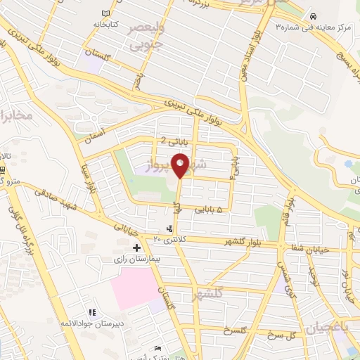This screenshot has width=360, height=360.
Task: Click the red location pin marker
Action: coord(181,165)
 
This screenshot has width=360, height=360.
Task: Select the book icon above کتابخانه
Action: coord(106,14)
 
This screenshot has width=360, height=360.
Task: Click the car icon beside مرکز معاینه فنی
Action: coord(312,16)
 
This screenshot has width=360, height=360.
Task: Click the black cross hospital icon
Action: coord(136,247)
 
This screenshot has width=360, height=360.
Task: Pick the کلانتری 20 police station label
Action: coord(168,240)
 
